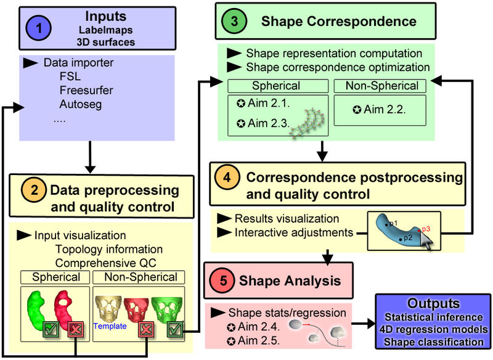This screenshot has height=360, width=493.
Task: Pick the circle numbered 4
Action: point(227,178)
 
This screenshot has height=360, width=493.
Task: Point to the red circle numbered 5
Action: point(222,280)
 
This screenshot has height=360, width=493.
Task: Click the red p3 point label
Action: point(427,227)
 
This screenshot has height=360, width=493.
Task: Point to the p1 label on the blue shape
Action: point(393,223)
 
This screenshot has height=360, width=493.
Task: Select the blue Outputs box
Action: point(433,322)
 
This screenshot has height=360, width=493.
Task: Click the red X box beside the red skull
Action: point(147,329)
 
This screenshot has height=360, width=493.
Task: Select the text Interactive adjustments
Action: point(293,232)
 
